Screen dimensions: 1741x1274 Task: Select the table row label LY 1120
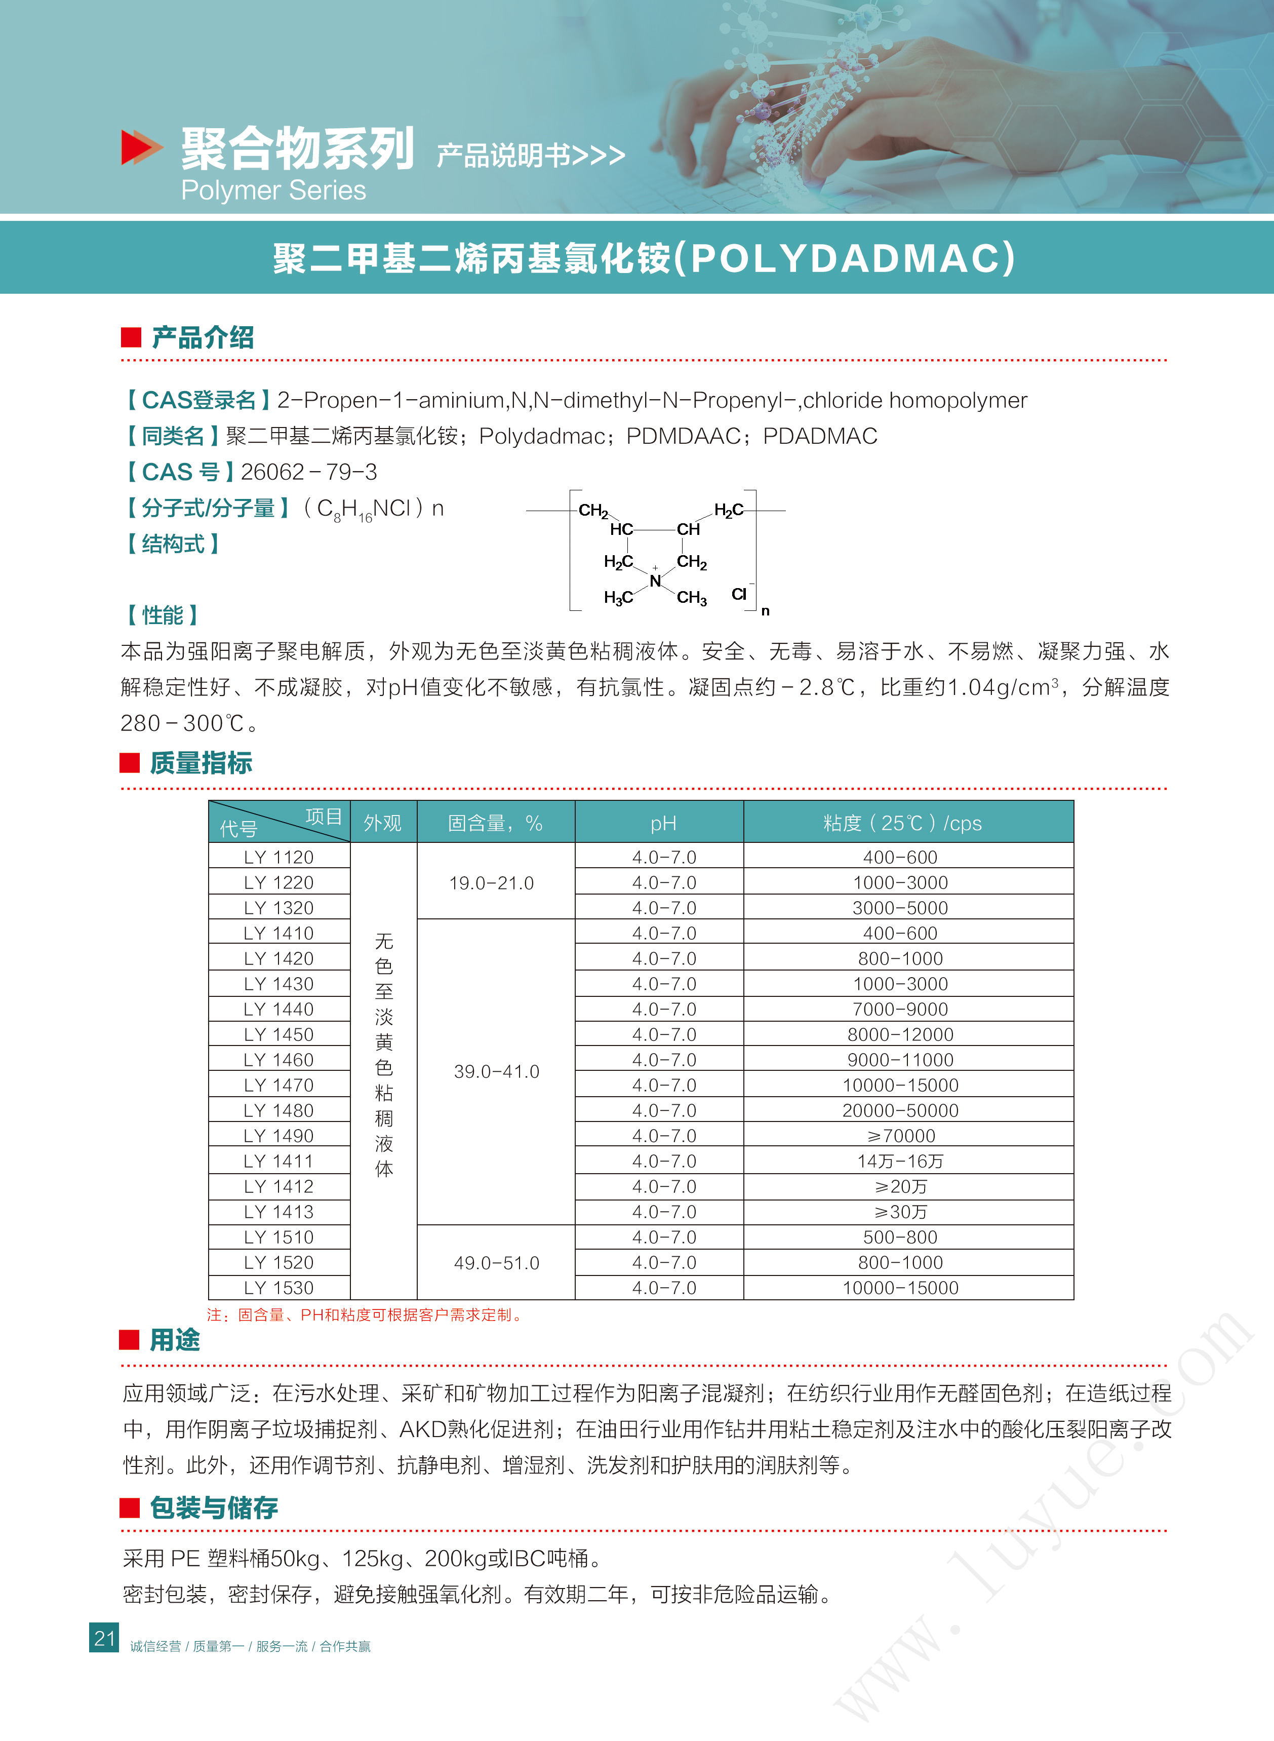[278, 857]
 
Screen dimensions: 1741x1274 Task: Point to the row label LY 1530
[278, 1288]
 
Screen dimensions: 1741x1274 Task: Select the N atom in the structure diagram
[655, 581]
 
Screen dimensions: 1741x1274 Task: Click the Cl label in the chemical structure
[739, 594]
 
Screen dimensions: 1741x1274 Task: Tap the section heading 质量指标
[201, 763]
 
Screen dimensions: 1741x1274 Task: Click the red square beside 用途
[129, 1340]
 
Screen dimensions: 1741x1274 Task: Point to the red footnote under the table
[364, 1314]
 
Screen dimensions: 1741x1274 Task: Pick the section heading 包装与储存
[214, 1507]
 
